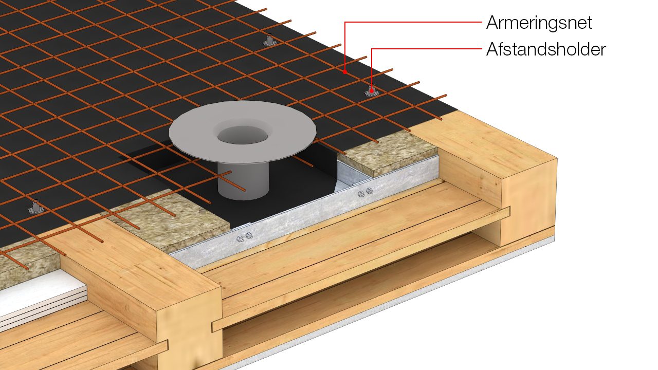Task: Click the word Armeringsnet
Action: pos(539,23)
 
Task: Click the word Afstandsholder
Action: pos(546,49)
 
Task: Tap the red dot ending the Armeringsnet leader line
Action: pos(345,71)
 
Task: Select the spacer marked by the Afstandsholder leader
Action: pos(372,91)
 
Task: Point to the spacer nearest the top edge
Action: pos(269,41)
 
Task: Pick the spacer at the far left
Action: pos(36,207)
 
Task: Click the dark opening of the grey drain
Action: pos(243,135)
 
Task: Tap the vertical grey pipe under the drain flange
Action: pos(243,181)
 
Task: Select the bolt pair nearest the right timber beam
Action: pos(365,192)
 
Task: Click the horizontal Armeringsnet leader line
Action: pos(413,22)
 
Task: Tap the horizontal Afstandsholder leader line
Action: pos(427,49)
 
